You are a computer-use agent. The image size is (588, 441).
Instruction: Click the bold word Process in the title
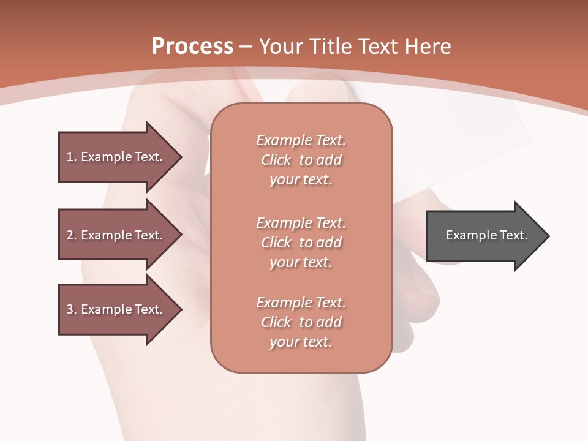coord(192,47)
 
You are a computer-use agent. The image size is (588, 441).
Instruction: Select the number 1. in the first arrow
coord(72,157)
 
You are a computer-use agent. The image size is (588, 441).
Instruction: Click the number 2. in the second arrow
coord(72,235)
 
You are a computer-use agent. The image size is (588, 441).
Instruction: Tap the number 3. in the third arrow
coord(72,309)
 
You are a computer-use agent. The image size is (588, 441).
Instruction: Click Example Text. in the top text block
coord(301,140)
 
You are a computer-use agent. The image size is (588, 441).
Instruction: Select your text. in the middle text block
coord(301,262)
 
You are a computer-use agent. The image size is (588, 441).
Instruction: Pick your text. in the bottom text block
coord(301,342)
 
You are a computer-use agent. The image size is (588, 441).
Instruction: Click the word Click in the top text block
coord(276,160)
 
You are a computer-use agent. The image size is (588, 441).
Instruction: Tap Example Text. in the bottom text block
coord(301,303)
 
